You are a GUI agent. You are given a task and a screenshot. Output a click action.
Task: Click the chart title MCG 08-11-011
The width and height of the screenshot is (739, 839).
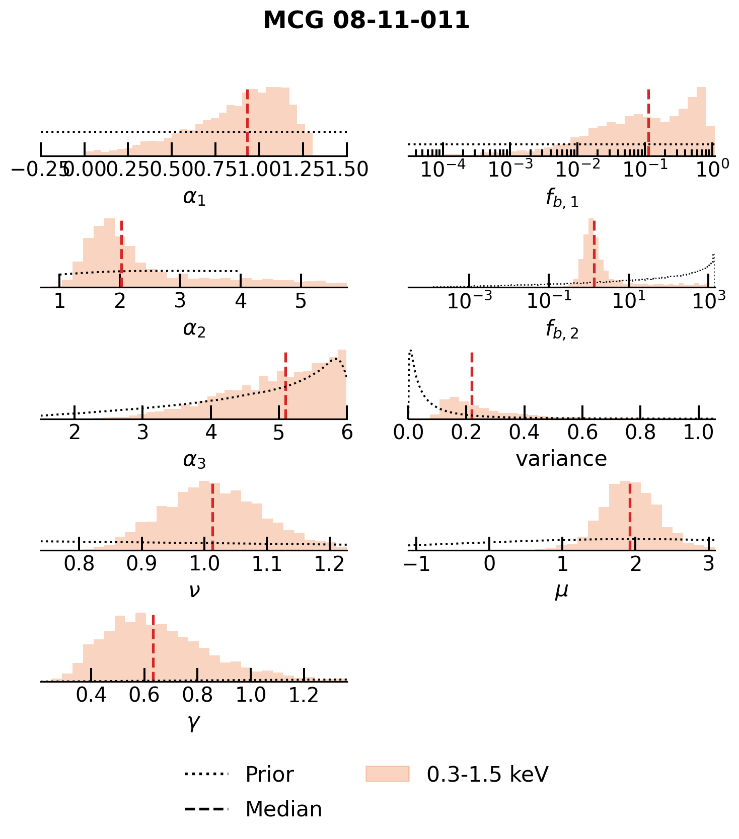pyautogui.click(x=366, y=21)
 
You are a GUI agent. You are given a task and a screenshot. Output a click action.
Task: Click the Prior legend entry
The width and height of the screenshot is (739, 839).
pyautogui.click(x=269, y=774)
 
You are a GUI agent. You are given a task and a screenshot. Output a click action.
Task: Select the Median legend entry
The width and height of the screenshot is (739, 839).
pyautogui.click(x=283, y=809)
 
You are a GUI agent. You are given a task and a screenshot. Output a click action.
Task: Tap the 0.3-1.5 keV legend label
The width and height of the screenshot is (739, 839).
pyautogui.click(x=487, y=774)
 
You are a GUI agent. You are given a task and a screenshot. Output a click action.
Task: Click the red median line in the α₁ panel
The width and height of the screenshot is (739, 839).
pyautogui.click(x=247, y=123)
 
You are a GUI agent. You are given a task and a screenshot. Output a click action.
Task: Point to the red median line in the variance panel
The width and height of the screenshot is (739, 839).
pyautogui.click(x=472, y=385)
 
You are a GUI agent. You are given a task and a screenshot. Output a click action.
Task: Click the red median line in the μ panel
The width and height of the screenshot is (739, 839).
pyautogui.click(x=630, y=516)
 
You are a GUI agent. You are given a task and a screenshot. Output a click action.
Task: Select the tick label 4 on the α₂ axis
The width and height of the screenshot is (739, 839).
pyautogui.click(x=241, y=301)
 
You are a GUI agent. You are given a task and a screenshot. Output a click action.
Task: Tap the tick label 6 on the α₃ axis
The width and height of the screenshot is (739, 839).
pyautogui.click(x=346, y=432)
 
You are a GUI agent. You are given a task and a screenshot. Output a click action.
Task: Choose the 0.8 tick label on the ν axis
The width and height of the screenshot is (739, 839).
pyautogui.click(x=79, y=564)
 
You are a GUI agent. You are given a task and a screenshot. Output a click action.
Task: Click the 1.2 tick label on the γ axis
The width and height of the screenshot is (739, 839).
pyautogui.click(x=304, y=695)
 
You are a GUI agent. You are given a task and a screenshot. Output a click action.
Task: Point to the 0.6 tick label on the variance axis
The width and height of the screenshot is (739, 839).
pyautogui.click(x=582, y=432)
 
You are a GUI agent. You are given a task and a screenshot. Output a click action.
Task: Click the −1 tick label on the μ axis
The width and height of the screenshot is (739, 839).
pyautogui.click(x=417, y=564)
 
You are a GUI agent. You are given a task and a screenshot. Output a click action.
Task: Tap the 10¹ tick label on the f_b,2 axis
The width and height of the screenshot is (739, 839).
pyautogui.click(x=629, y=301)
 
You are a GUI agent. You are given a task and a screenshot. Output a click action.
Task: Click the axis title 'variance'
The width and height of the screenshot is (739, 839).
pyautogui.click(x=561, y=459)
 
